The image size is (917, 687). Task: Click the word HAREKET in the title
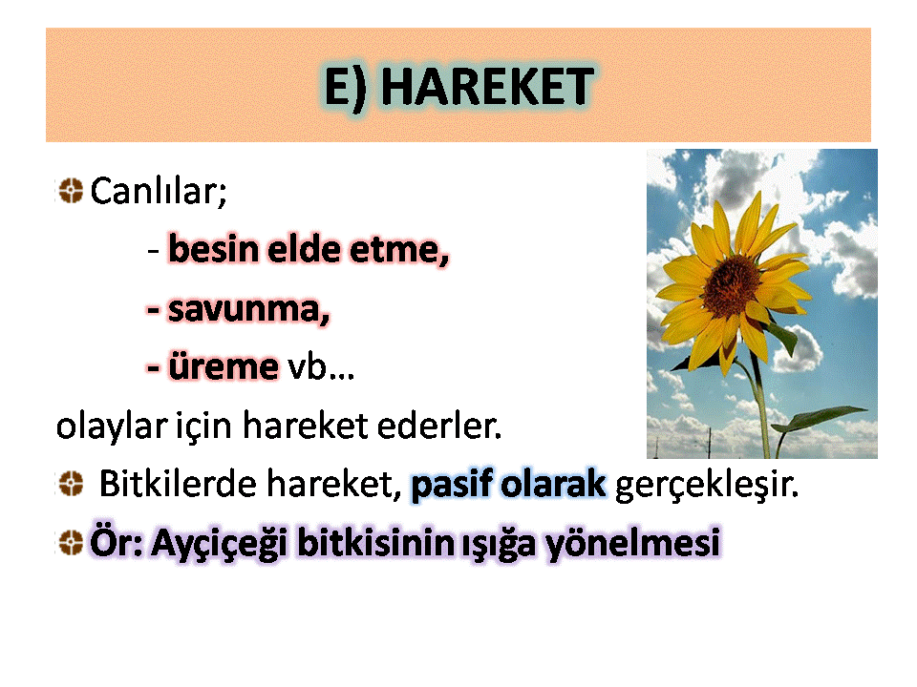click(x=487, y=87)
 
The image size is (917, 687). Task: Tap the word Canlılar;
click(x=159, y=192)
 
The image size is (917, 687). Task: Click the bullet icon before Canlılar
click(x=71, y=191)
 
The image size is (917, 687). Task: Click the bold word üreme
click(x=223, y=367)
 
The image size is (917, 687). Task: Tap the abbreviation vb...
click(x=321, y=367)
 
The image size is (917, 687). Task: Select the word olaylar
click(x=112, y=427)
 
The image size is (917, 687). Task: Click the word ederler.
click(x=439, y=426)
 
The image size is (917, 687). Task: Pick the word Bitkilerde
click(x=178, y=485)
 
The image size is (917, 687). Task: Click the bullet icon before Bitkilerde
click(x=71, y=484)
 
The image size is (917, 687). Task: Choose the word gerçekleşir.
click(x=707, y=486)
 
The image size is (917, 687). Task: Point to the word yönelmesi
click(x=632, y=543)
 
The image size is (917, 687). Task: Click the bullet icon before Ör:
click(x=71, y=542)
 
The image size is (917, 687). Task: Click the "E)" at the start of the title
click(x=346, y=87)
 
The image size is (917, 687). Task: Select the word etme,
click(x=399, y=249)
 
